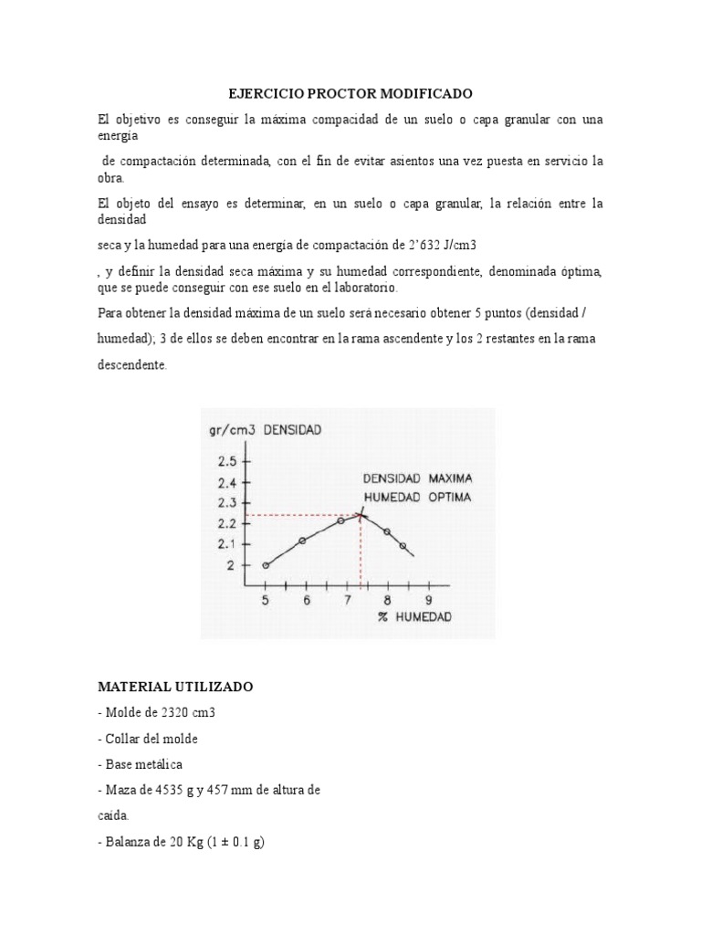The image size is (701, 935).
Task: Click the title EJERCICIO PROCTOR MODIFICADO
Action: tap(350, 94)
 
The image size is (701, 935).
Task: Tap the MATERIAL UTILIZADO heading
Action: tap(175, 685)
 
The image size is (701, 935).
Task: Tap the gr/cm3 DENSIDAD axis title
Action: tap(265, 430)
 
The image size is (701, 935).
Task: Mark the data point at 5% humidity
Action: tap(266, 565)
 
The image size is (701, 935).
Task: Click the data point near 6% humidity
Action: tap(303, 541)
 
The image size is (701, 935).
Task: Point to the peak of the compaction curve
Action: tap(361, 514)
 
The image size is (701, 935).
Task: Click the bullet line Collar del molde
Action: tap(148, 739)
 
